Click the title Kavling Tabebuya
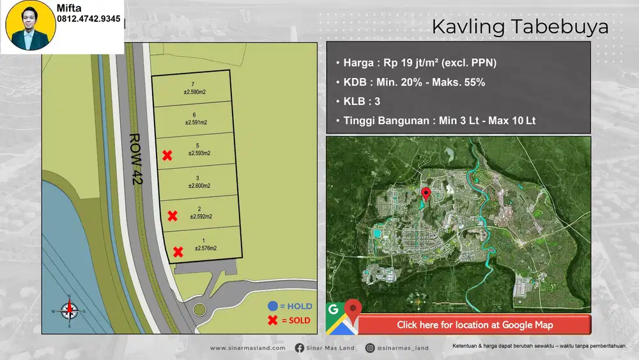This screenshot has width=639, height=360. tap(520, 27)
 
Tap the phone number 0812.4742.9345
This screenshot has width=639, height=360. tap(89, 19)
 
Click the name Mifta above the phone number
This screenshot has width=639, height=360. tap(69, 8)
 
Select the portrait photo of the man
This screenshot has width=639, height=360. tap(30, 26)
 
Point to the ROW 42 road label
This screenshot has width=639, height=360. tap(135, 159)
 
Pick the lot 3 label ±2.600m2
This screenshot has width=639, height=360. tap(198, 182)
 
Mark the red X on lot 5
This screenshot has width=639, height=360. tap(167, 155)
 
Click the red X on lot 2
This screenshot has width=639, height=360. tap(172, 216)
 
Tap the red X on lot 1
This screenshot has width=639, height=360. tap(178, 252)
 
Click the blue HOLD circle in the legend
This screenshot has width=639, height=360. tap(273, 306)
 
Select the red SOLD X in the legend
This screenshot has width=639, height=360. tap(273, 320)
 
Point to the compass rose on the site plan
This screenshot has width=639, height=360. tap(69, 311)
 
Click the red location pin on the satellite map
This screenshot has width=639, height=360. tap(427, 193)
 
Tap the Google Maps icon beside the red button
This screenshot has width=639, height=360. tap(341, 318)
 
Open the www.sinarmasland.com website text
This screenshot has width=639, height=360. tap(247, 348)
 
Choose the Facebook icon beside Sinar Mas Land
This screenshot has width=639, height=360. tap(300, 348)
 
